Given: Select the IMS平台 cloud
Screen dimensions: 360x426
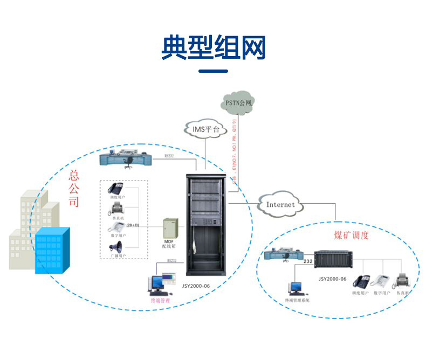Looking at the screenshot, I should click(206, 129).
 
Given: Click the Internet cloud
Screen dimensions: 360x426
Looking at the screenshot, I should click(280, 204).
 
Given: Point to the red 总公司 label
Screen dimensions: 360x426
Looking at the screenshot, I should click(74, 189).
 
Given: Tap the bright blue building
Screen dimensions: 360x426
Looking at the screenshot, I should click(52, 251).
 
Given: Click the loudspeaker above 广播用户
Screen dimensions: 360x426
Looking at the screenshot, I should click(116, 247).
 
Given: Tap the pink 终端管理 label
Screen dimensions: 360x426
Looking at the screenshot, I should click(160, 301).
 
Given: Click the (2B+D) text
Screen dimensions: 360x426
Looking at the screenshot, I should click(133, 224).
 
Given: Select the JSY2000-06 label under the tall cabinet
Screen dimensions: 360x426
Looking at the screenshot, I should click(206, 286).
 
